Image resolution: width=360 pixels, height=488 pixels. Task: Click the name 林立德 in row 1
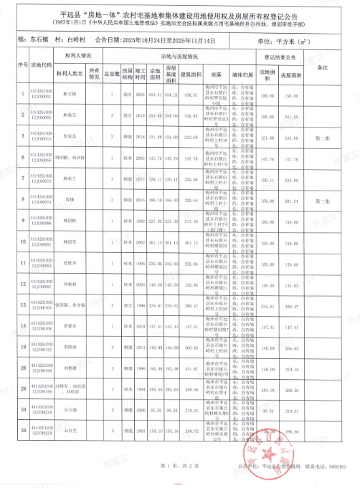(x=70, y=95)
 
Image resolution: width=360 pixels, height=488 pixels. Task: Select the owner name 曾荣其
(x=70, y=135)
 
